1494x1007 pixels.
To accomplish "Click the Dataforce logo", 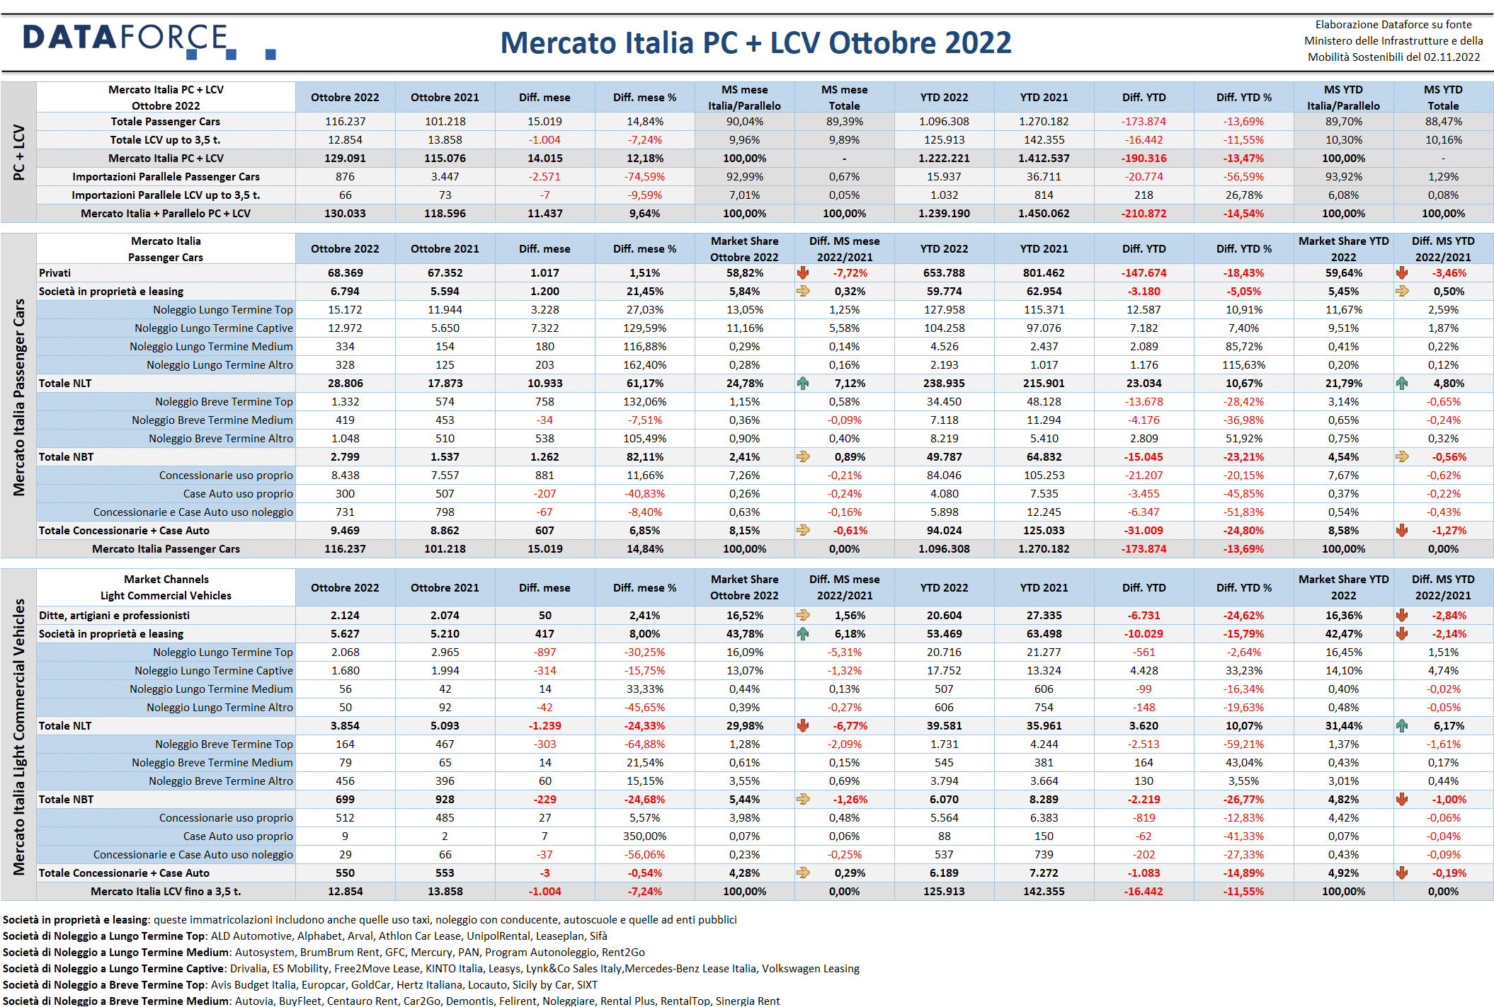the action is pyautogui.click(x=149, y=41).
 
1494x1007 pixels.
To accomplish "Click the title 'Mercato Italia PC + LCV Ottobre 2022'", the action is pyautogui.click(x=755, y=43).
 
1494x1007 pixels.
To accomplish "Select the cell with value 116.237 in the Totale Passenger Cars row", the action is pyautogui.click(x=345, y=122).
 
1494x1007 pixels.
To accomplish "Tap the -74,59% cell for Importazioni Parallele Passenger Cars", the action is pyautogui.click(x=644, y=177).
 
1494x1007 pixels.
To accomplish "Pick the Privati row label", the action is pyautogui.click(x=55, y=273).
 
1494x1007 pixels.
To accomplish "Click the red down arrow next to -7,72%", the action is pyautogui.click(x=803, y=273).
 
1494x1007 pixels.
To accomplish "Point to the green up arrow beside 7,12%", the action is pyautogui.click(x=803, y=384).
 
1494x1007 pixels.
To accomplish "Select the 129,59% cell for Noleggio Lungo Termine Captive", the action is pyautogui.click(x=644, y=328).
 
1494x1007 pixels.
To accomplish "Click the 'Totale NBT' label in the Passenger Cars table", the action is pyautogui.click(x=66, y=457).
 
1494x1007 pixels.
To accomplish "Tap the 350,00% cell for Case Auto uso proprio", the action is pyautogui.click(x=644, y=836).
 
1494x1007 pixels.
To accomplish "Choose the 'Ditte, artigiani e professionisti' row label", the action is pyautogui.click(x=114, y=616).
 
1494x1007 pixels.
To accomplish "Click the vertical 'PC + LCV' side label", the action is pyautogui.click(x=19, y=152).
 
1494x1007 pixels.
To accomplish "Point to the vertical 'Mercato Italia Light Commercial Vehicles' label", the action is pyautogui.click(x=19, y=737).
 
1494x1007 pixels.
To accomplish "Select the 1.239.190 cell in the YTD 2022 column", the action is pyautogui.click(x=944, y=214).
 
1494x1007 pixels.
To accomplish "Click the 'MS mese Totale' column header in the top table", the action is pyautogui.click(x=844, y=98).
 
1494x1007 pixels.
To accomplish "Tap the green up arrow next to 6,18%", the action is pyautogui.click(x=803, y=634).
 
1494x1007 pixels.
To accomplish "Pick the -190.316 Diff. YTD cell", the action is pyautogui.click(x=1144, y=159).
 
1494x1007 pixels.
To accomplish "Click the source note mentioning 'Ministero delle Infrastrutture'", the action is pyautogui.click(x=1393, y=41).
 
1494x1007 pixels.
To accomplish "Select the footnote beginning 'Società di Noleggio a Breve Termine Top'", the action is pyautogui.click(x=300, y=985).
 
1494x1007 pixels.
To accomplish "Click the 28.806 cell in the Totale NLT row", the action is pyautogui.click(x=345, y=384).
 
